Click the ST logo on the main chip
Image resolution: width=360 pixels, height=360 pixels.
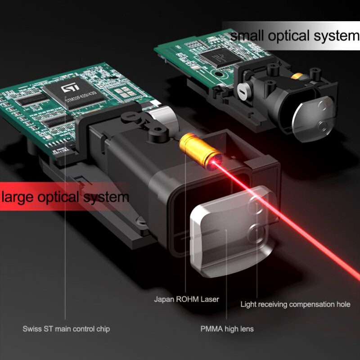coord(70,87)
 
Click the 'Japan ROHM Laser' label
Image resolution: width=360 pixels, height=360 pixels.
coord(186,299)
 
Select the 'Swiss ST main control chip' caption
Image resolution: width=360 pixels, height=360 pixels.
coord(66,329)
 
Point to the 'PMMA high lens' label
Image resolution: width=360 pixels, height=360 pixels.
coord(227,329)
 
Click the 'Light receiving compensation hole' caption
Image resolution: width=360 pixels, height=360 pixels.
coord(295,305)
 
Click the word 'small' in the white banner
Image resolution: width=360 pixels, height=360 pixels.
coord(247,36)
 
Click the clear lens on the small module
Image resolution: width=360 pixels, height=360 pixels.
coord(314,119)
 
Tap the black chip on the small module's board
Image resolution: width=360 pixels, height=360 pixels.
coord(220,58)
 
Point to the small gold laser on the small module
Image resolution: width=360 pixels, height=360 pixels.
coord(297,76)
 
